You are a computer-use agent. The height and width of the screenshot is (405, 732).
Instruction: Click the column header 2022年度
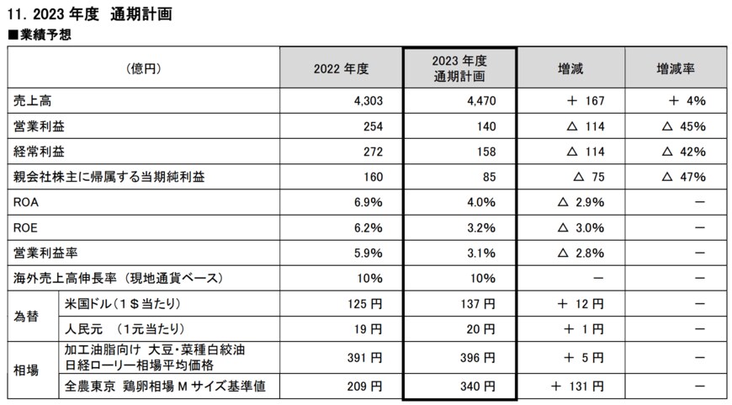tap(341, 68)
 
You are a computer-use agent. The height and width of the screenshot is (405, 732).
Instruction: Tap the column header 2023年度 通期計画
tap(459, 68)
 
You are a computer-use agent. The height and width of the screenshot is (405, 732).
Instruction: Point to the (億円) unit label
tap(143, 68)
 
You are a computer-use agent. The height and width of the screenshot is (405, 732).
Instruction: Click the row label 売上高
tap(31, 101)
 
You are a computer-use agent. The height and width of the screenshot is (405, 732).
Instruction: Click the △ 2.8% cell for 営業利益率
tap(581, 253)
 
